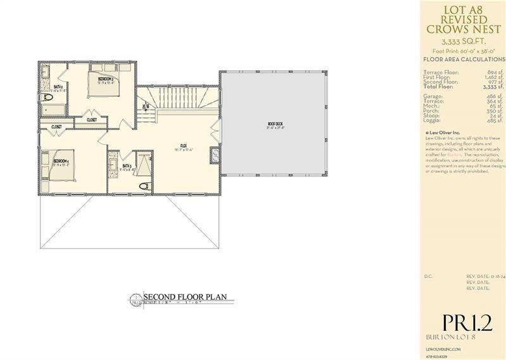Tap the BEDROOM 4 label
61,161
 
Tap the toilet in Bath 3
144,185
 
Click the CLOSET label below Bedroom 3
92,119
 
